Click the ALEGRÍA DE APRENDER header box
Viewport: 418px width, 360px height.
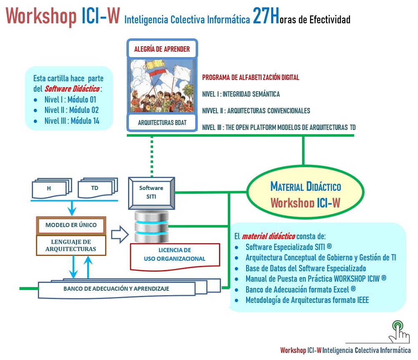coord(162,49)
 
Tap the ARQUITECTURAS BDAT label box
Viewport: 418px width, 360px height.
coord(162,122)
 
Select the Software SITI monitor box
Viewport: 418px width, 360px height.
coord(151,193)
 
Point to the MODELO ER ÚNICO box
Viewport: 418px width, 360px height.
coord(71,225)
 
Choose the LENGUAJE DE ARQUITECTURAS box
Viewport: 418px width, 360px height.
coord(71,245)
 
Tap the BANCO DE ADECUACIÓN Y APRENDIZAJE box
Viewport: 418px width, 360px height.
coord(116,289)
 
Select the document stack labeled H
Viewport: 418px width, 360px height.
coord(49,188)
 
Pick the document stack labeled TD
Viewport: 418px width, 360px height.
coord(95,188)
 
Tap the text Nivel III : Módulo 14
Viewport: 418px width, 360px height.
coord(72,121)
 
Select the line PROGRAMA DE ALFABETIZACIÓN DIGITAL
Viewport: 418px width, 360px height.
coord(250,77)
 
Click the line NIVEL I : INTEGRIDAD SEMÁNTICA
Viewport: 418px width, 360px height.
coord(241,94)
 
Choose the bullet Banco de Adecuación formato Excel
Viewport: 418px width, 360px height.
coord(300,290)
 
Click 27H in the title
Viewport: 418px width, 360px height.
coord(266,18)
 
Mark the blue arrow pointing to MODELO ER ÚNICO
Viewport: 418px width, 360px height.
coord(72,207)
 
